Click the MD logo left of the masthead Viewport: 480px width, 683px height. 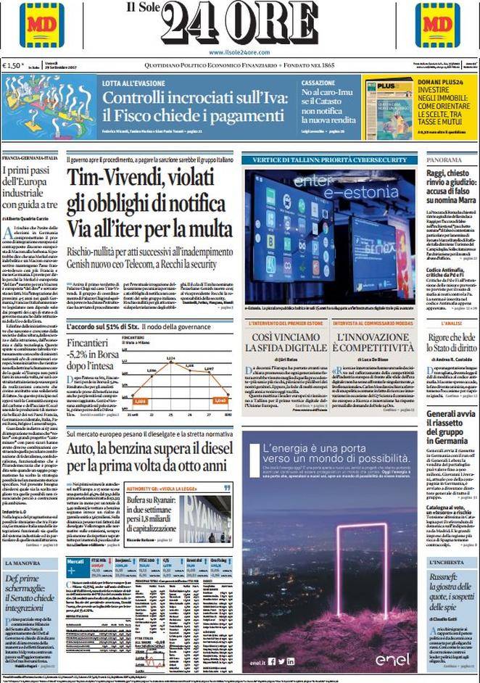tap(41, 25)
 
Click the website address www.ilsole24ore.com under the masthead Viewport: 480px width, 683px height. tap(239, 52)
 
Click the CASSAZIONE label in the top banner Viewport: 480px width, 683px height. tap(318, 83)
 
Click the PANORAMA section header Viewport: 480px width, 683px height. tap(444, 160)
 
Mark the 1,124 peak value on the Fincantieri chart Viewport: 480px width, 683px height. tap(171, 359)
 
